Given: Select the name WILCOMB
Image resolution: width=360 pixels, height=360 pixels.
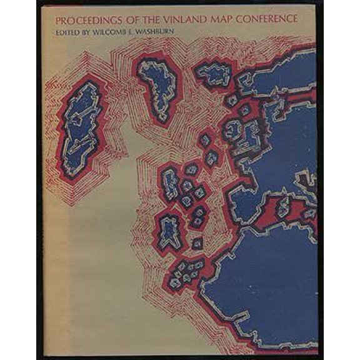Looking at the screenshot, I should click(106, 30).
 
